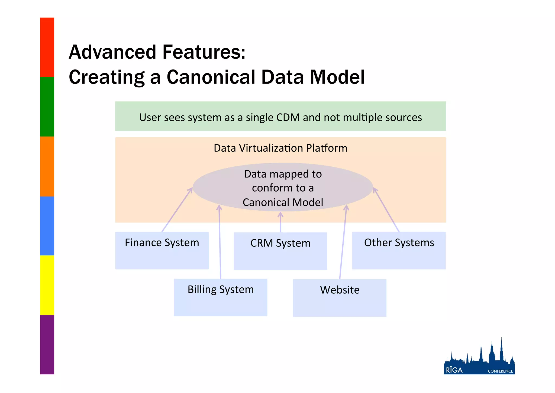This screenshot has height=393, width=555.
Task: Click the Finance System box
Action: pyautogui.click(x=162, y=250)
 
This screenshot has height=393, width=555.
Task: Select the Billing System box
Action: pyautogui.click(x=220, y=297)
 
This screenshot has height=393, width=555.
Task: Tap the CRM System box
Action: pyautogui.click(x=280, y=251)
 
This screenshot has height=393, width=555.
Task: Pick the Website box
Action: pyautogui.click(x=340, y=298)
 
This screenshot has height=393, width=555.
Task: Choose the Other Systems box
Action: pyautogui.click(x=399, y=250)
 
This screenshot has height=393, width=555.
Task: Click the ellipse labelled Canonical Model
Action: pyautogui.click(x=283, y=188)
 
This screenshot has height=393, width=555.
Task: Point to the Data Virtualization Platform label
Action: pyautogui.click(x=280, y=148)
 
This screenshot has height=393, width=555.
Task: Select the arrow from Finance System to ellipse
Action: pyautogui.click(x=177, y=210)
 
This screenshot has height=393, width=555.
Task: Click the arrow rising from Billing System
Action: pyautogui.click(x=220, y=242)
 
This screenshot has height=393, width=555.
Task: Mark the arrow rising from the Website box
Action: pyautogui.click(x=343, y=242)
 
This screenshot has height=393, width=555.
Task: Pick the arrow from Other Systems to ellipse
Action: pyautogui.click(x=386, y=210)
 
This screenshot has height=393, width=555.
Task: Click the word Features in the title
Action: pyautogui.click(x=203, y=52)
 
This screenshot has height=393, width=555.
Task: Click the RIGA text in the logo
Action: pyautogui.click(x=454, y=370)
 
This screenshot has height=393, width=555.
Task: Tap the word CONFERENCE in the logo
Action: pyautogui.click(x=500, y=371)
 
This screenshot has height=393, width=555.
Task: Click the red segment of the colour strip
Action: pyautogui.click(x=47, y=47)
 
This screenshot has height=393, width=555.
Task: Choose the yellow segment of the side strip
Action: pyautogui.click(x=47, y=285)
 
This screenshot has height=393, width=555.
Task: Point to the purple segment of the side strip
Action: pyautogui.click(x=47, y=344)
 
